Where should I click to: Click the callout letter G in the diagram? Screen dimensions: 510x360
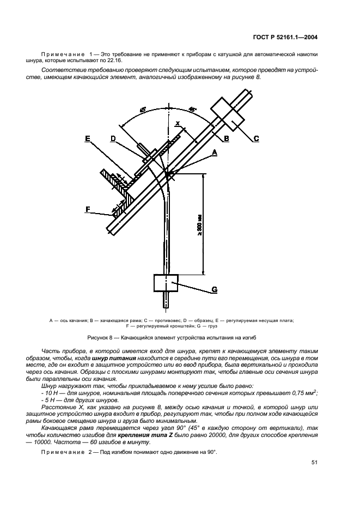[x=214, y=290]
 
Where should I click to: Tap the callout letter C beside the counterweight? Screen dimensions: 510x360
[x=255, y=138]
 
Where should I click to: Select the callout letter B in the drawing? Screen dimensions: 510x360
[x=226, y=138]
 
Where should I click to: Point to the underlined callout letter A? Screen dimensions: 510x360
[x=214, y=153]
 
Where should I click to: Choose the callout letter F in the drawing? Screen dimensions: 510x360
[x=87, y=208]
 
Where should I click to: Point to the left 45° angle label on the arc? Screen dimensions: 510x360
[x=143, y=110]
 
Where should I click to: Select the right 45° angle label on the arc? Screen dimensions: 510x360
[x=191, y=109]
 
